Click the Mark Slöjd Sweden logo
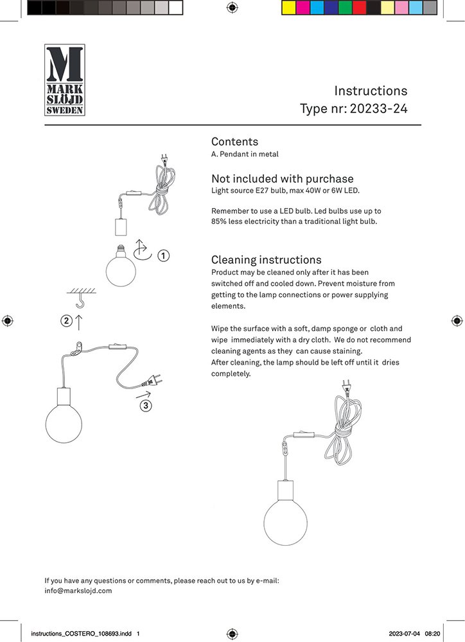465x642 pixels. coord(64,80)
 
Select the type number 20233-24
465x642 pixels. coord(378,108)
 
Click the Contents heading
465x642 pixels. coord(234,142)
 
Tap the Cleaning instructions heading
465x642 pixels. coord(266,260)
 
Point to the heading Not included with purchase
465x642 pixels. coord(282,178)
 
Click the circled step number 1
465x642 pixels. coord(164,256)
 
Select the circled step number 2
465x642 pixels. coord(66,322)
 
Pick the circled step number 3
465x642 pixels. coord(146,406)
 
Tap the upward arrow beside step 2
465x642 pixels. coord(79,322)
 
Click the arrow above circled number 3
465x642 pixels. coord(144,394)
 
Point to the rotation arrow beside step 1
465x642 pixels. coord(142,250)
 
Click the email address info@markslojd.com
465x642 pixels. coord(78,591)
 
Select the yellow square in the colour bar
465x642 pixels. coord(288,8)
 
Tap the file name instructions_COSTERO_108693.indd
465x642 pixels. coord(81,634)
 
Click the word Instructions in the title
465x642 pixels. coord(371,91)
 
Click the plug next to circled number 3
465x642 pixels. coord(155,379)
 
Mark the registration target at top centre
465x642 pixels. coord(232,8)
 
